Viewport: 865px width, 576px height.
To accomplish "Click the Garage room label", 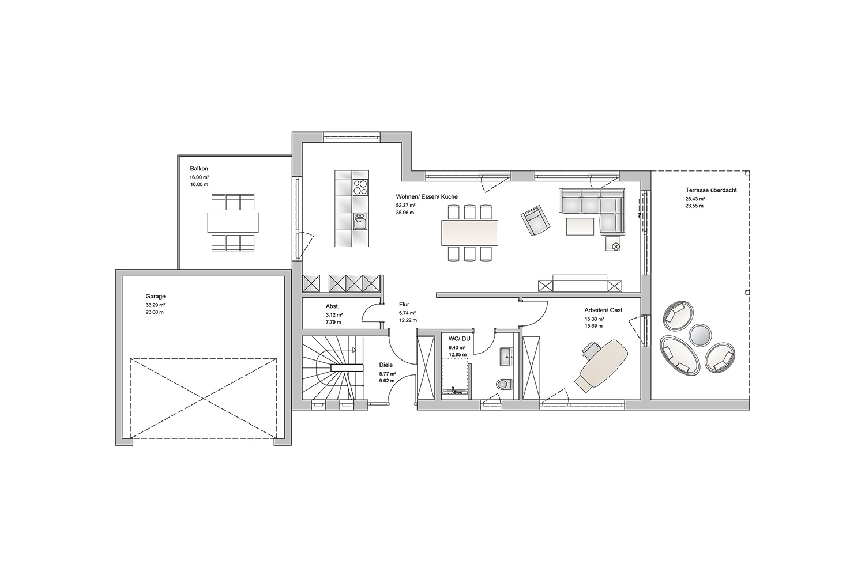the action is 155,296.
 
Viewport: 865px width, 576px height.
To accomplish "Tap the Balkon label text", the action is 199,169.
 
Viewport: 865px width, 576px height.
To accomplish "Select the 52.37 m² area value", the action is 405,205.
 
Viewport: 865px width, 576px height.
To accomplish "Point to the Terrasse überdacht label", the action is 711,190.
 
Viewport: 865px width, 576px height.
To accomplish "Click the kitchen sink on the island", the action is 360,221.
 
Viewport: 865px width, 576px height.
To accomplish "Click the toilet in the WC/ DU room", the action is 504,384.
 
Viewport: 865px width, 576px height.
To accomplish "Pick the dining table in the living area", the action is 469,233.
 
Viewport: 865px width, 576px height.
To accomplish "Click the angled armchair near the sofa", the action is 535,221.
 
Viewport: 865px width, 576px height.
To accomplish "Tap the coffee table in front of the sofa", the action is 580,226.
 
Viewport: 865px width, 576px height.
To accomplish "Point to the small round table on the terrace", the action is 700,334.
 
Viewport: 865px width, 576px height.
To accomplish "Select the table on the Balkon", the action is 233,222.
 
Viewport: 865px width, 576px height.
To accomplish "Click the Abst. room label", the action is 333,306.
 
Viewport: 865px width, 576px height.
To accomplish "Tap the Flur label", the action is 404,304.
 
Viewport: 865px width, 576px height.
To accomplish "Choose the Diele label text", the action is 386,365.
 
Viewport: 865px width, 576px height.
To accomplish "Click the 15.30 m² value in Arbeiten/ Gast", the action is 595,319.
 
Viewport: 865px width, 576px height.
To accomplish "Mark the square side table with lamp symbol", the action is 613,244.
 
